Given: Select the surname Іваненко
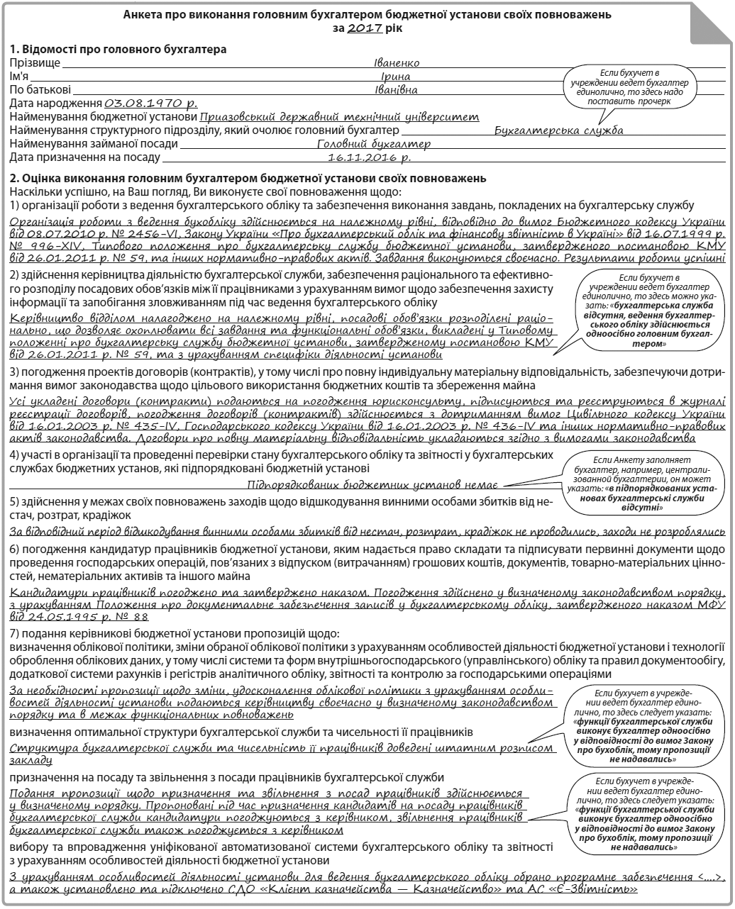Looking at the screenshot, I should coord(397,63).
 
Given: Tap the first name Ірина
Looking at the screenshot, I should coord(396,77).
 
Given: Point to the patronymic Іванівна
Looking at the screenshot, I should coord(396,90).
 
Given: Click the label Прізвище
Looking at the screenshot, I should coord(35,63).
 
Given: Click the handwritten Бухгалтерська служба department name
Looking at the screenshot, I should coord(558,130).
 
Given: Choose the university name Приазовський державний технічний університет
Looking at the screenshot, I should coord(340,117).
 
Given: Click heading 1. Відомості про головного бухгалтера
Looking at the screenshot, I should coord(118,50).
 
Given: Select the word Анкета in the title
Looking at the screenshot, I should coord(142,14).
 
